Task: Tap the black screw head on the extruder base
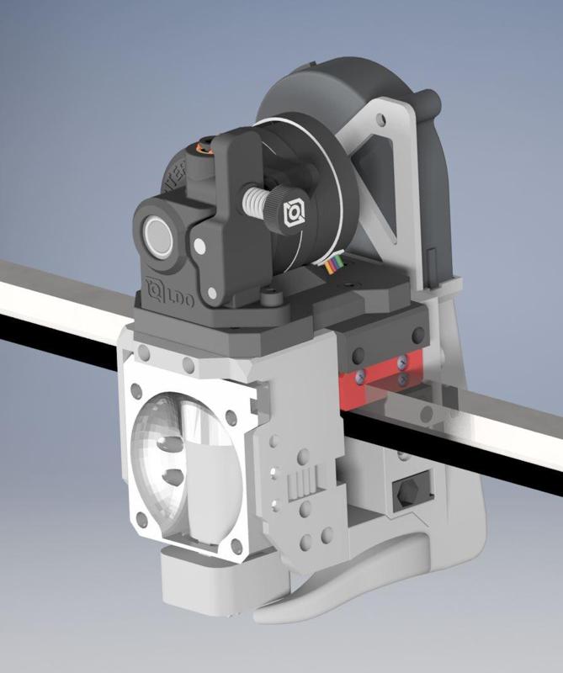(x=268, y=296)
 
